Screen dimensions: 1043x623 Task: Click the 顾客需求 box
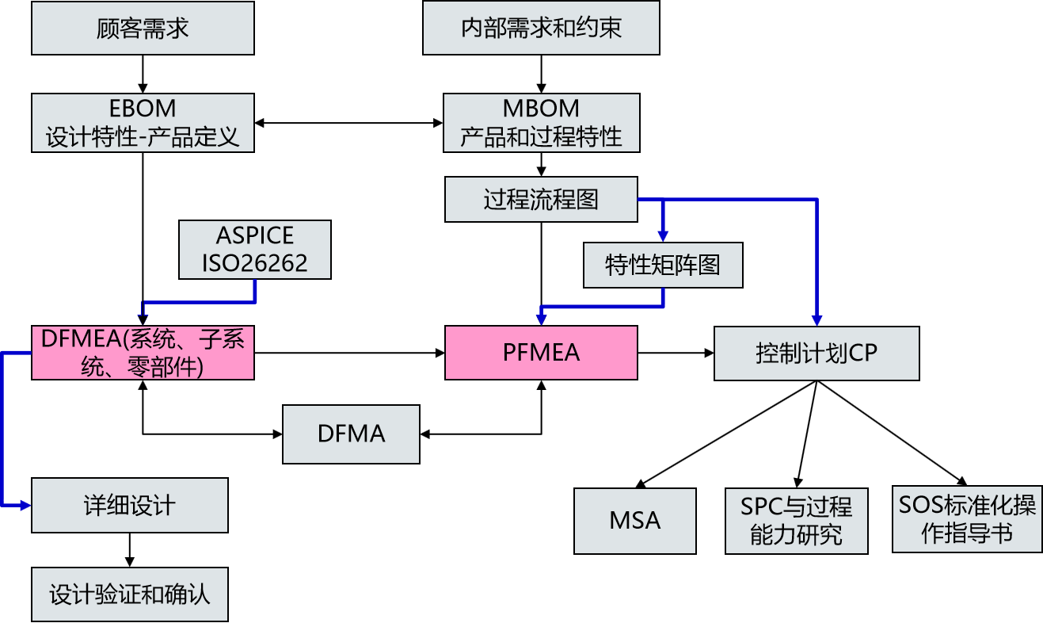click(143, 28)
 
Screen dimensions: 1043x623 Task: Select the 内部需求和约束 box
click(541, 28)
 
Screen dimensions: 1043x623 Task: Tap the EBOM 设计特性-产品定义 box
click(143, 123)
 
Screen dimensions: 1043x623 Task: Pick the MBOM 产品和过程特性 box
click(542, 123)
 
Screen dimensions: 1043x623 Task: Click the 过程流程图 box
click(541, 200)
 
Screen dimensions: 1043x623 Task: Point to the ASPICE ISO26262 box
click(255, 250)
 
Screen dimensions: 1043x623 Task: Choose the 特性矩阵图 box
click(663, 266)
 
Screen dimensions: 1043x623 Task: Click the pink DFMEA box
click(143, 353)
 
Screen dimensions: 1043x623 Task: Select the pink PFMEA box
click(541, 353)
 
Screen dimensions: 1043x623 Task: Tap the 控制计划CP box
click(817, 354)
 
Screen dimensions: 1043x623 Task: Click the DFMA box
click(351, 434)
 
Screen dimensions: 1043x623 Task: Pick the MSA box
click(635, 521)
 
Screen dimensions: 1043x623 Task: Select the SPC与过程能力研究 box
click(797, 521)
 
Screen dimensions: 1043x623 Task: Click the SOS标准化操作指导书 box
click(967, 519)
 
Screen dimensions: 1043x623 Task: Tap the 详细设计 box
click(130, 505)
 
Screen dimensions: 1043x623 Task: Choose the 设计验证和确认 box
click(130, 594)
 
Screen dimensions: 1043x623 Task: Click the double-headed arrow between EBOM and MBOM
click(348, 123)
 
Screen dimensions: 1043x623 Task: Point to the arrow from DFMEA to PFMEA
click(350, 353)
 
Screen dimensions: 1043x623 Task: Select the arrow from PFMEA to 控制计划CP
click(676, 353)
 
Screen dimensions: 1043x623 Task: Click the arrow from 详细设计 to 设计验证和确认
click(130, 550)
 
